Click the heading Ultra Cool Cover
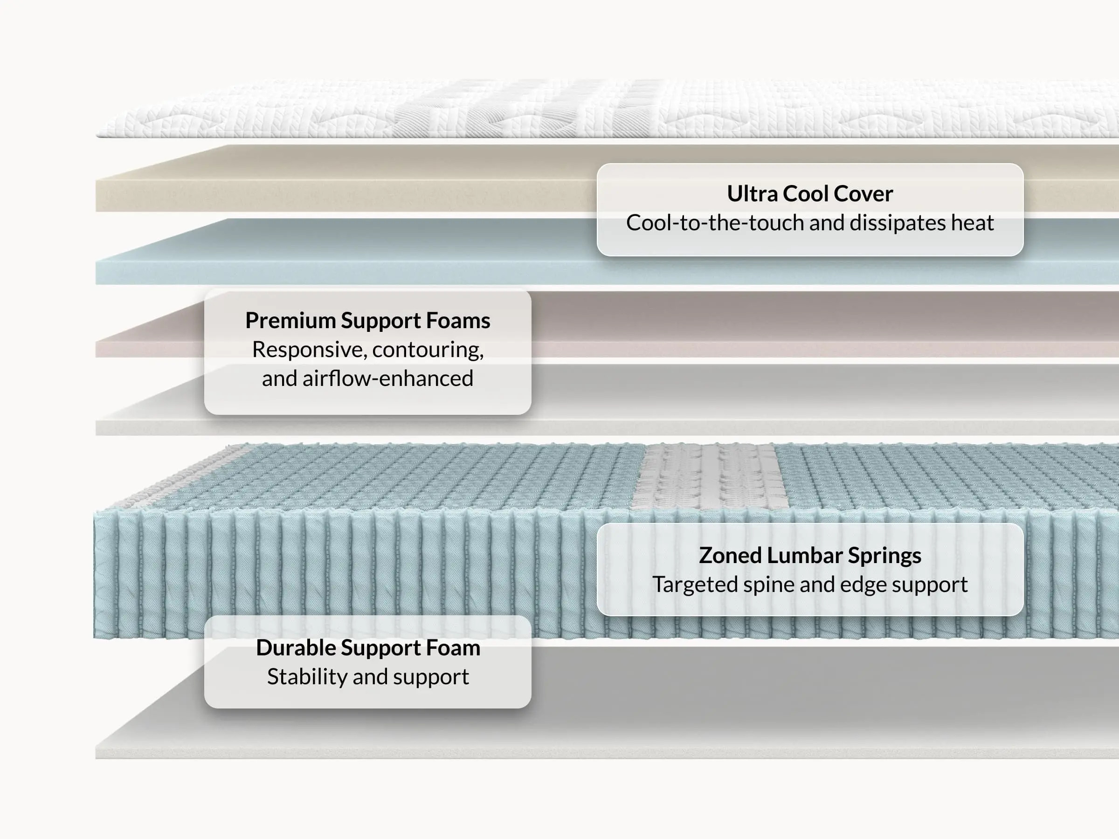point(809,194)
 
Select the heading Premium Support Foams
point(367,321)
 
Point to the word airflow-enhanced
point(387,379)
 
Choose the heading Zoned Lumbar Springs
point(809,555)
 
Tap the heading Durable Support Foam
point(367,648)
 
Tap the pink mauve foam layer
point(759,323)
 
